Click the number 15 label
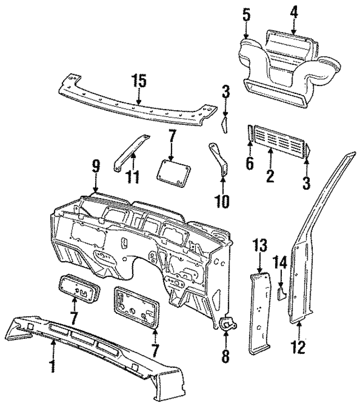pos(138,80)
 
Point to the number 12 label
pos(299,347)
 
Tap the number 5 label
pos(246,15)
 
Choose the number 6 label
pos(250,163)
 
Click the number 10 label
pos(223,201)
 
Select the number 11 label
pos(133,177)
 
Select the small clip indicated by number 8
pos(228,323)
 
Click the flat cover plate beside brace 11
pos(173,173)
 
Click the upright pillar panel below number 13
pos(260,312)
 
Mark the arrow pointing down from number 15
pos(138,97)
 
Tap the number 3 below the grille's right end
pos(306,182)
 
